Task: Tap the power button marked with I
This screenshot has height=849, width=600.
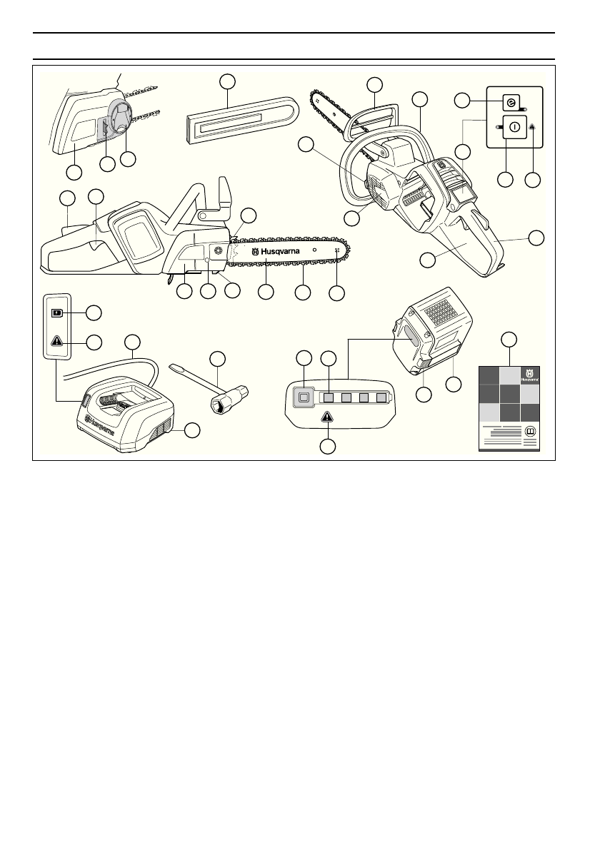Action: (514, 128)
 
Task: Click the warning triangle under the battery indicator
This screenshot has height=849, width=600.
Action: (327, 417)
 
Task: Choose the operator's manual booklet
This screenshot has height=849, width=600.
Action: (509, 407)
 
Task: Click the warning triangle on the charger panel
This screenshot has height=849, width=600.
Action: (56, 340)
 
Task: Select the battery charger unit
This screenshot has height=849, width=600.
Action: (125, 417)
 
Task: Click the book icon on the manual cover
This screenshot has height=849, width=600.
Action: (530, 432)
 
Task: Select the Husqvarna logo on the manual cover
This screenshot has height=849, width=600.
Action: (529, 375)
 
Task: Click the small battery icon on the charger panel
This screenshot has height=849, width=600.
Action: (56, 312)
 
